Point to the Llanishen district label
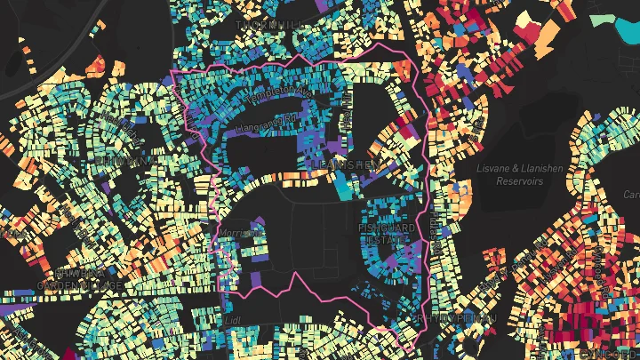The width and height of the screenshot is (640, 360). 346,164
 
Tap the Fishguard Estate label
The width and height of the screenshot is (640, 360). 386,234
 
